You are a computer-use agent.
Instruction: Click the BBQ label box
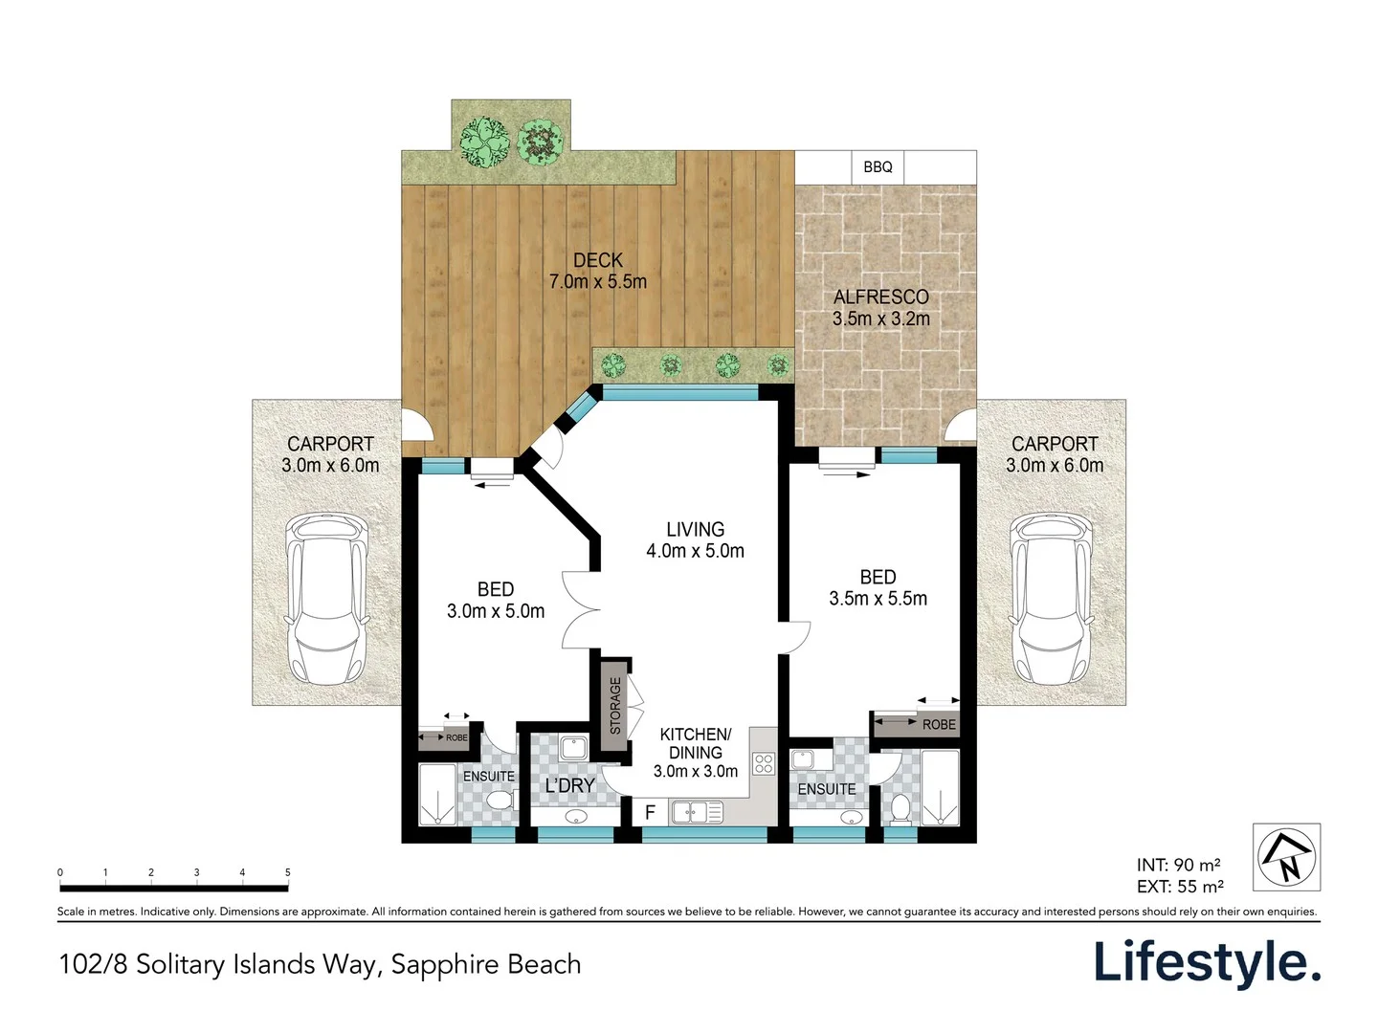(x=878, y=166)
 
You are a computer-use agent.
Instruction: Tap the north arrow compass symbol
(x=1286, y=856)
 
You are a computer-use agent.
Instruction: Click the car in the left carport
(x=328, y=599)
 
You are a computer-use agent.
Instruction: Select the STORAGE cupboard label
(x=615, y=706)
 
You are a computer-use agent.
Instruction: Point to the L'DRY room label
(x=569, y=785)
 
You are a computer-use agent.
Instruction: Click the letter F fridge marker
(x=650, y=813)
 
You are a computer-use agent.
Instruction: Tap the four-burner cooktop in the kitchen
(x=763, y=763)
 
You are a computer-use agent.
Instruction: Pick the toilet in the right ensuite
(x=900, y=809)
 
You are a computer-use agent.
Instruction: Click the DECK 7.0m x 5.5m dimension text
(x=597, y=271)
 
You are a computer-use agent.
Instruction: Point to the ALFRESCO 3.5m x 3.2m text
(x=880, y=308)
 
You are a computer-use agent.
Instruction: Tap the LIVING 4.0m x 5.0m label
(x=695, y=539)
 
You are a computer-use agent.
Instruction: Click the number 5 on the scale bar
(x=287, y=872)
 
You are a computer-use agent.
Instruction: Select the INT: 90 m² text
(x=1178, y=865)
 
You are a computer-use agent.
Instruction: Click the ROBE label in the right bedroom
(x=938, y=725)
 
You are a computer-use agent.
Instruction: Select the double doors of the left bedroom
(x=580, y=609)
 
